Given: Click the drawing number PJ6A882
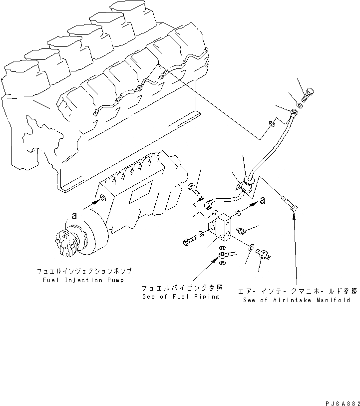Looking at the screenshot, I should click(x=340, y=400).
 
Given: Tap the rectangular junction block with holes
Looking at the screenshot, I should click(x=221, y=230).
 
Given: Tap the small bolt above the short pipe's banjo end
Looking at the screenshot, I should click(x=194, y=189).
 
